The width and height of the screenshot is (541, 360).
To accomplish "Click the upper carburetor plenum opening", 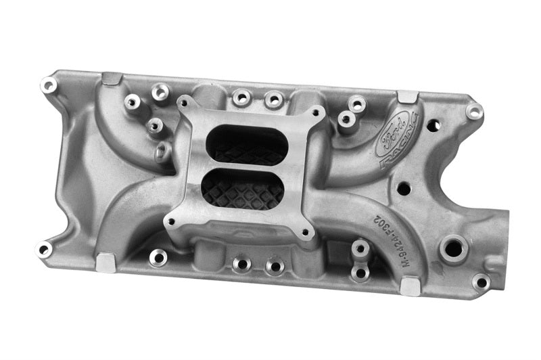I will tap(244, 145).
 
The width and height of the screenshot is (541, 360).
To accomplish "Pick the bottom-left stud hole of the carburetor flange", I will tap(170, 221).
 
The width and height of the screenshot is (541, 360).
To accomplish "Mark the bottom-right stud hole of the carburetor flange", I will tap(306, 234).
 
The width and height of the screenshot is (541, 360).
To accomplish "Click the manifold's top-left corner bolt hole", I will tap(48, 85).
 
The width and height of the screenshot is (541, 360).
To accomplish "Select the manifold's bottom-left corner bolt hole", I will tap(44, 249).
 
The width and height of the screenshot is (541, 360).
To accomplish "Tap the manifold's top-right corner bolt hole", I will tap(475, 111).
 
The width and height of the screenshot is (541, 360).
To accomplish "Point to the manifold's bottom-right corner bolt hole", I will tap(481, 281).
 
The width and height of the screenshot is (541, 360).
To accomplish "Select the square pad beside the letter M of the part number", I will tap(410, 286).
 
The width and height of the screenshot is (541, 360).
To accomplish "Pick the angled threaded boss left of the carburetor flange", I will tap(162, 152).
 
